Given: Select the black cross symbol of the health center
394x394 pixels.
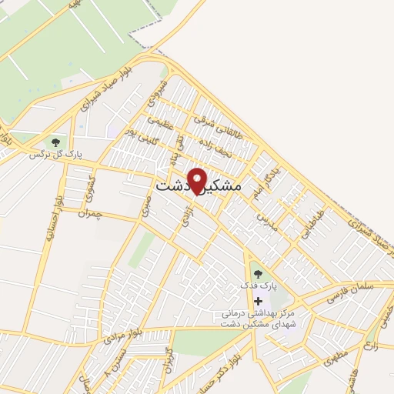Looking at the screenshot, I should click(x=258, y=300).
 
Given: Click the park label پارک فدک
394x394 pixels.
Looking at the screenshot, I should click(x=257, y=285).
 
